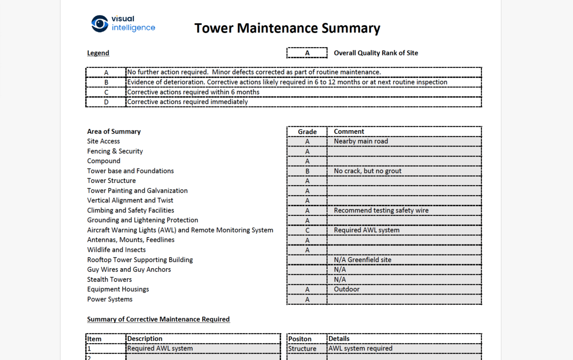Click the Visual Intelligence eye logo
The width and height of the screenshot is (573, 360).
click(x=100, y=23)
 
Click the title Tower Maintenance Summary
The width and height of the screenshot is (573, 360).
click(x=287, y=28)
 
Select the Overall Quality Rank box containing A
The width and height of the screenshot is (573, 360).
click(x=307, y=53)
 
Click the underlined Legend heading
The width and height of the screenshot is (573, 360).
click(x=98, y=53)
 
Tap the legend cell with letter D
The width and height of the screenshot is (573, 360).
click(x=106, y=102)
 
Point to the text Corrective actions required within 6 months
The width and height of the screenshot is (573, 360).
click(x=193, y=92)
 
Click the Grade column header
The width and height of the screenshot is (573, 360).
click(x=307, y=132)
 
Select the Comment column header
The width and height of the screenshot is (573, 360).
click(x=349, y=132)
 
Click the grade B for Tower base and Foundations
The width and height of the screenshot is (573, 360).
click(x=307, y=171)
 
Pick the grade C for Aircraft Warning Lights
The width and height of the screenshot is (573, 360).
click(x=307, y=230)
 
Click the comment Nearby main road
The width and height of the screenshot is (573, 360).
click(x=361, y=141)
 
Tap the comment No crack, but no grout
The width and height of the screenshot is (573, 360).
click(x=367, y=171)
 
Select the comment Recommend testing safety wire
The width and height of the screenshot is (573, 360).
click(x=381, y=211)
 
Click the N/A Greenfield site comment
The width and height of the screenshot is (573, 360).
click(x=362, y=260)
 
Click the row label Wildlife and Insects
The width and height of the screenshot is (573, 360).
click(x=116, y=250)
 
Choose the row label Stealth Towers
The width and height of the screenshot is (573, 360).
click(x=109, y=279)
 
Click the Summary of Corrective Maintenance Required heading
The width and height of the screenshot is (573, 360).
click(x=158, y=319)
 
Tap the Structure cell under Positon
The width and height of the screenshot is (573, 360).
click(x=302, y=349)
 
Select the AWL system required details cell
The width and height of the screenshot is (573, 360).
click(x=360, y=349)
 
